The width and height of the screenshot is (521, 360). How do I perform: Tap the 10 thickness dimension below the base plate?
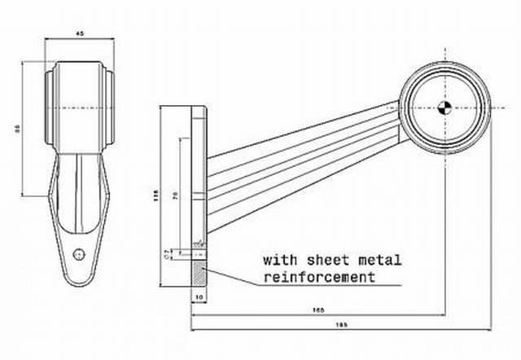coord(199,298)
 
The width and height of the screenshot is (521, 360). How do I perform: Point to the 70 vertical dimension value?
coord(176,196)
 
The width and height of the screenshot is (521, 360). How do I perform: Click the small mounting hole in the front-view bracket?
coord(79,252)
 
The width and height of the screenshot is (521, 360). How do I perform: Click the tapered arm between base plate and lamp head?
coord(301,151)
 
